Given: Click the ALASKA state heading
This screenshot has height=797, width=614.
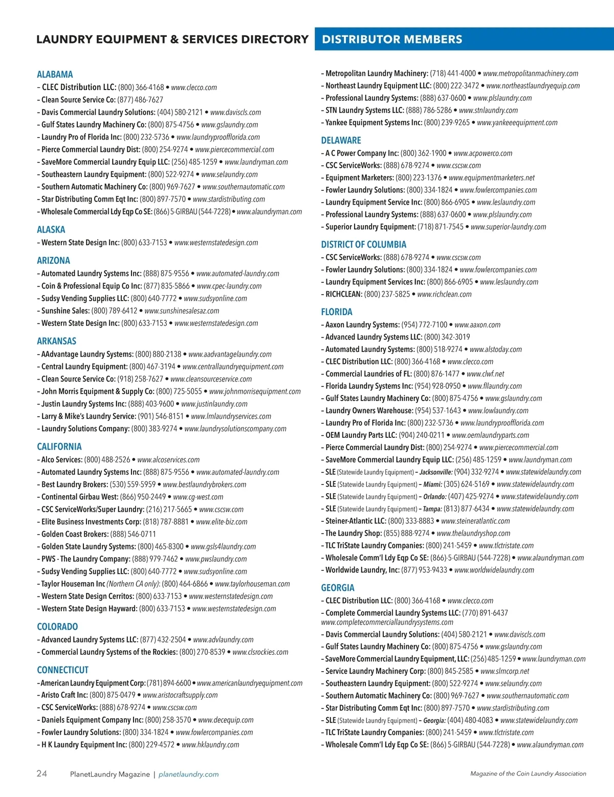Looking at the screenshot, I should pyautogui.click(x=51, y=230).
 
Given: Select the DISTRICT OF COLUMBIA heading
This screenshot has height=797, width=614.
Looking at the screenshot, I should pyautogui.click(x=364, y=245).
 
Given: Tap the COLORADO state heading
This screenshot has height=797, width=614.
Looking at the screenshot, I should pyautogui.click(x=57, y=627).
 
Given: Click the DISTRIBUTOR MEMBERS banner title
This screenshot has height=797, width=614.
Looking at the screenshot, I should pyautogui.click(x=392, y=39).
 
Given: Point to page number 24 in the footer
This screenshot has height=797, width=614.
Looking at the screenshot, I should pyautogui.click(x=41, y=773).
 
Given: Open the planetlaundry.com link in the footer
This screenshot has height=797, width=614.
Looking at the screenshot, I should pyautogui.click(x=188, y=774).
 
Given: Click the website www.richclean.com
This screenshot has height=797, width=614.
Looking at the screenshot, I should pyautogui.click(x=444, y=294).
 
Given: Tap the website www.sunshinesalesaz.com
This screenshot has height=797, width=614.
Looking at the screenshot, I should pyautogui.click(x=182, y=311).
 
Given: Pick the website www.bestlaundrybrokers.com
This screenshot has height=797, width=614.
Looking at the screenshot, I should pyautogui.click(x=204, y=484).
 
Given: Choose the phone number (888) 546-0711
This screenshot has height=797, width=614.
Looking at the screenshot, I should pyautogui.click(x=133, y=534).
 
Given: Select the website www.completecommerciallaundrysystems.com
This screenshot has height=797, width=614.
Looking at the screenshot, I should pyautogui.click(x=387, y=623).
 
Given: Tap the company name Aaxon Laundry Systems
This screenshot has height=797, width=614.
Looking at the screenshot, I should pyautogui.click(x=362, y=325).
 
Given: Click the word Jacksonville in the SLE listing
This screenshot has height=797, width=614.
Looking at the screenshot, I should pyautogui.click(x=436, y=472).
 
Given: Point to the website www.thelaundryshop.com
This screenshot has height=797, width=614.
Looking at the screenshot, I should pyautogui.click(x=473, y=534).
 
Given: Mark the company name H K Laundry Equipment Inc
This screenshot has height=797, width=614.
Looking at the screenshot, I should pyautogui.click(x=84, y=745).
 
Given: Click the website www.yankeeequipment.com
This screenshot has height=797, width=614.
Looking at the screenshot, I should pyautogui.click(x=517, y=123).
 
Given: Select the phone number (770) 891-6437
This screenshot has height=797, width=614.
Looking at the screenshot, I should pyautogui.click(x=485, y=613).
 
